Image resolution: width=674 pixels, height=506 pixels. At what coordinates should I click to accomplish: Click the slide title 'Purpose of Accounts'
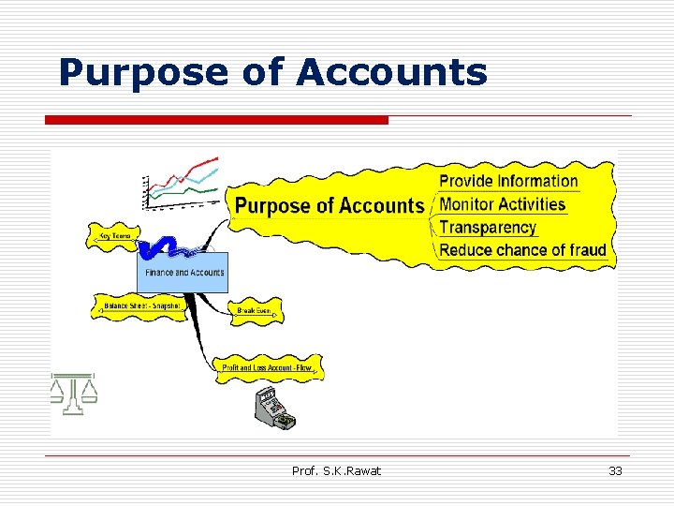point(272,72)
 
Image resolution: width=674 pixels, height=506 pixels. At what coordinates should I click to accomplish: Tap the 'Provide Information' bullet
point(508,181)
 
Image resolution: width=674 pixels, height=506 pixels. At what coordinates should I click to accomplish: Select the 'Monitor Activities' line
point(503,204)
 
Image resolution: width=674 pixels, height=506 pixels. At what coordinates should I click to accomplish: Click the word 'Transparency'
point(488,227)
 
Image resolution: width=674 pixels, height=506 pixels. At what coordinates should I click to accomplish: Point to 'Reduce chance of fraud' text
point(522,250)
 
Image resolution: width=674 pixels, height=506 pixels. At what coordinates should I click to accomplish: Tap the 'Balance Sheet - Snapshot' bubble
point(141,306)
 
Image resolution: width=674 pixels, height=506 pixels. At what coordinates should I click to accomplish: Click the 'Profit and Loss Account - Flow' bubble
point(267,368)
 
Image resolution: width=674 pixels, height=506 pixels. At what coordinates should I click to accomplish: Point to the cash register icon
point(273,409)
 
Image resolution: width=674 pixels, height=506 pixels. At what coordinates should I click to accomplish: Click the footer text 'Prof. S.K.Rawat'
point(336,470)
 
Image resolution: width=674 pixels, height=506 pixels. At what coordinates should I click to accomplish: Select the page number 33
point(615,470)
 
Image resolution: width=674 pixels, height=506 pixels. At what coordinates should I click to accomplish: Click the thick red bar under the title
point(216,120)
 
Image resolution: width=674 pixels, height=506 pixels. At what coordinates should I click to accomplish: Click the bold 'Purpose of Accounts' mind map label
point(329,206)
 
